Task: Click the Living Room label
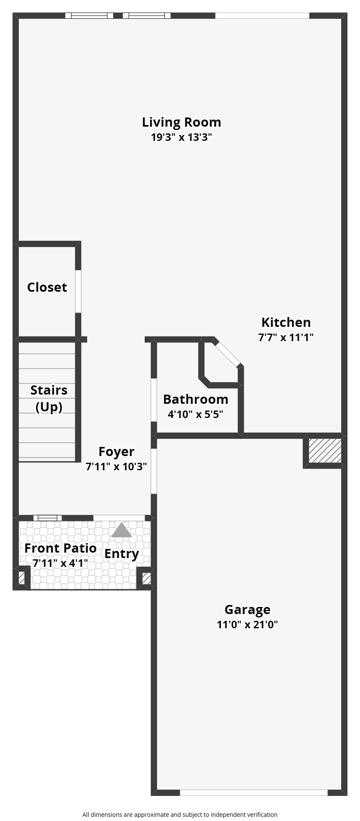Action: (181, 122)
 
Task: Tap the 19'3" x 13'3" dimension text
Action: (181, 137)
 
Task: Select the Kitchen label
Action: (286, 322)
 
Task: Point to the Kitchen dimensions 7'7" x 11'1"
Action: (286, 337)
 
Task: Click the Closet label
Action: (47, 287)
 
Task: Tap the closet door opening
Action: (78, 291)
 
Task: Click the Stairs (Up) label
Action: (49, 398)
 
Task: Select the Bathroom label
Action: (196, 399)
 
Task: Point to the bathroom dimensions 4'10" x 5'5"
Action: (196, 414)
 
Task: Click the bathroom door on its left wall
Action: (154, 400)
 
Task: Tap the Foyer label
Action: (116, 451)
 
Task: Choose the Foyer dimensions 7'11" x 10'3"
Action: (116, 467)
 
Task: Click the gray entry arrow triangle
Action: (121, 531)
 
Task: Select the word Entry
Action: (122, 554)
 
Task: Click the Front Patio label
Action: (61, 548)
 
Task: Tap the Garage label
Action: (248, 609)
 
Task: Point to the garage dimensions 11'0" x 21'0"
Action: (248, 625)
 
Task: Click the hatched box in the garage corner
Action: (325, 451)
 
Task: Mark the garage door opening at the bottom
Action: (254, 793)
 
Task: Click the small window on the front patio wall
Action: (47, 518)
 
